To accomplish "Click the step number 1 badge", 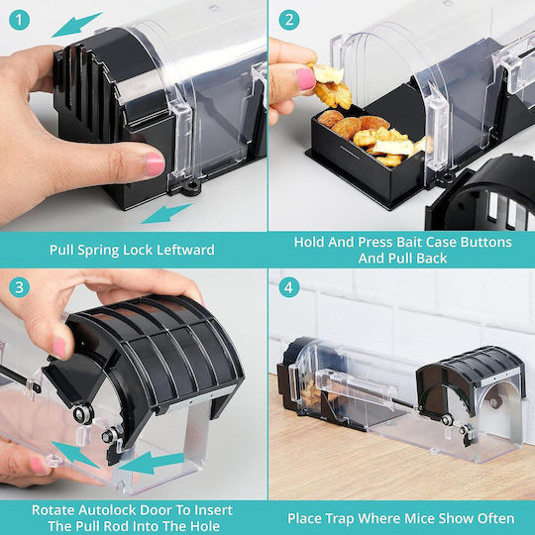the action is point(20,20).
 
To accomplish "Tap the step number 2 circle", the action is point(289,20).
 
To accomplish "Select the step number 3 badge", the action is point(20,287).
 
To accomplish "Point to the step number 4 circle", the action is point(289,287).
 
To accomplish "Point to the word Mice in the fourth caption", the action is point(420,518).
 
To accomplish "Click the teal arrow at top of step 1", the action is point(76,25).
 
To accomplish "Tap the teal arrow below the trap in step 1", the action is point(166,214).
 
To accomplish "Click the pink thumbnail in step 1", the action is point(155,164).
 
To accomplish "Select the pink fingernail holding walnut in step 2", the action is point(305,79).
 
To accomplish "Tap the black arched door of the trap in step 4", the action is point(468,378).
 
